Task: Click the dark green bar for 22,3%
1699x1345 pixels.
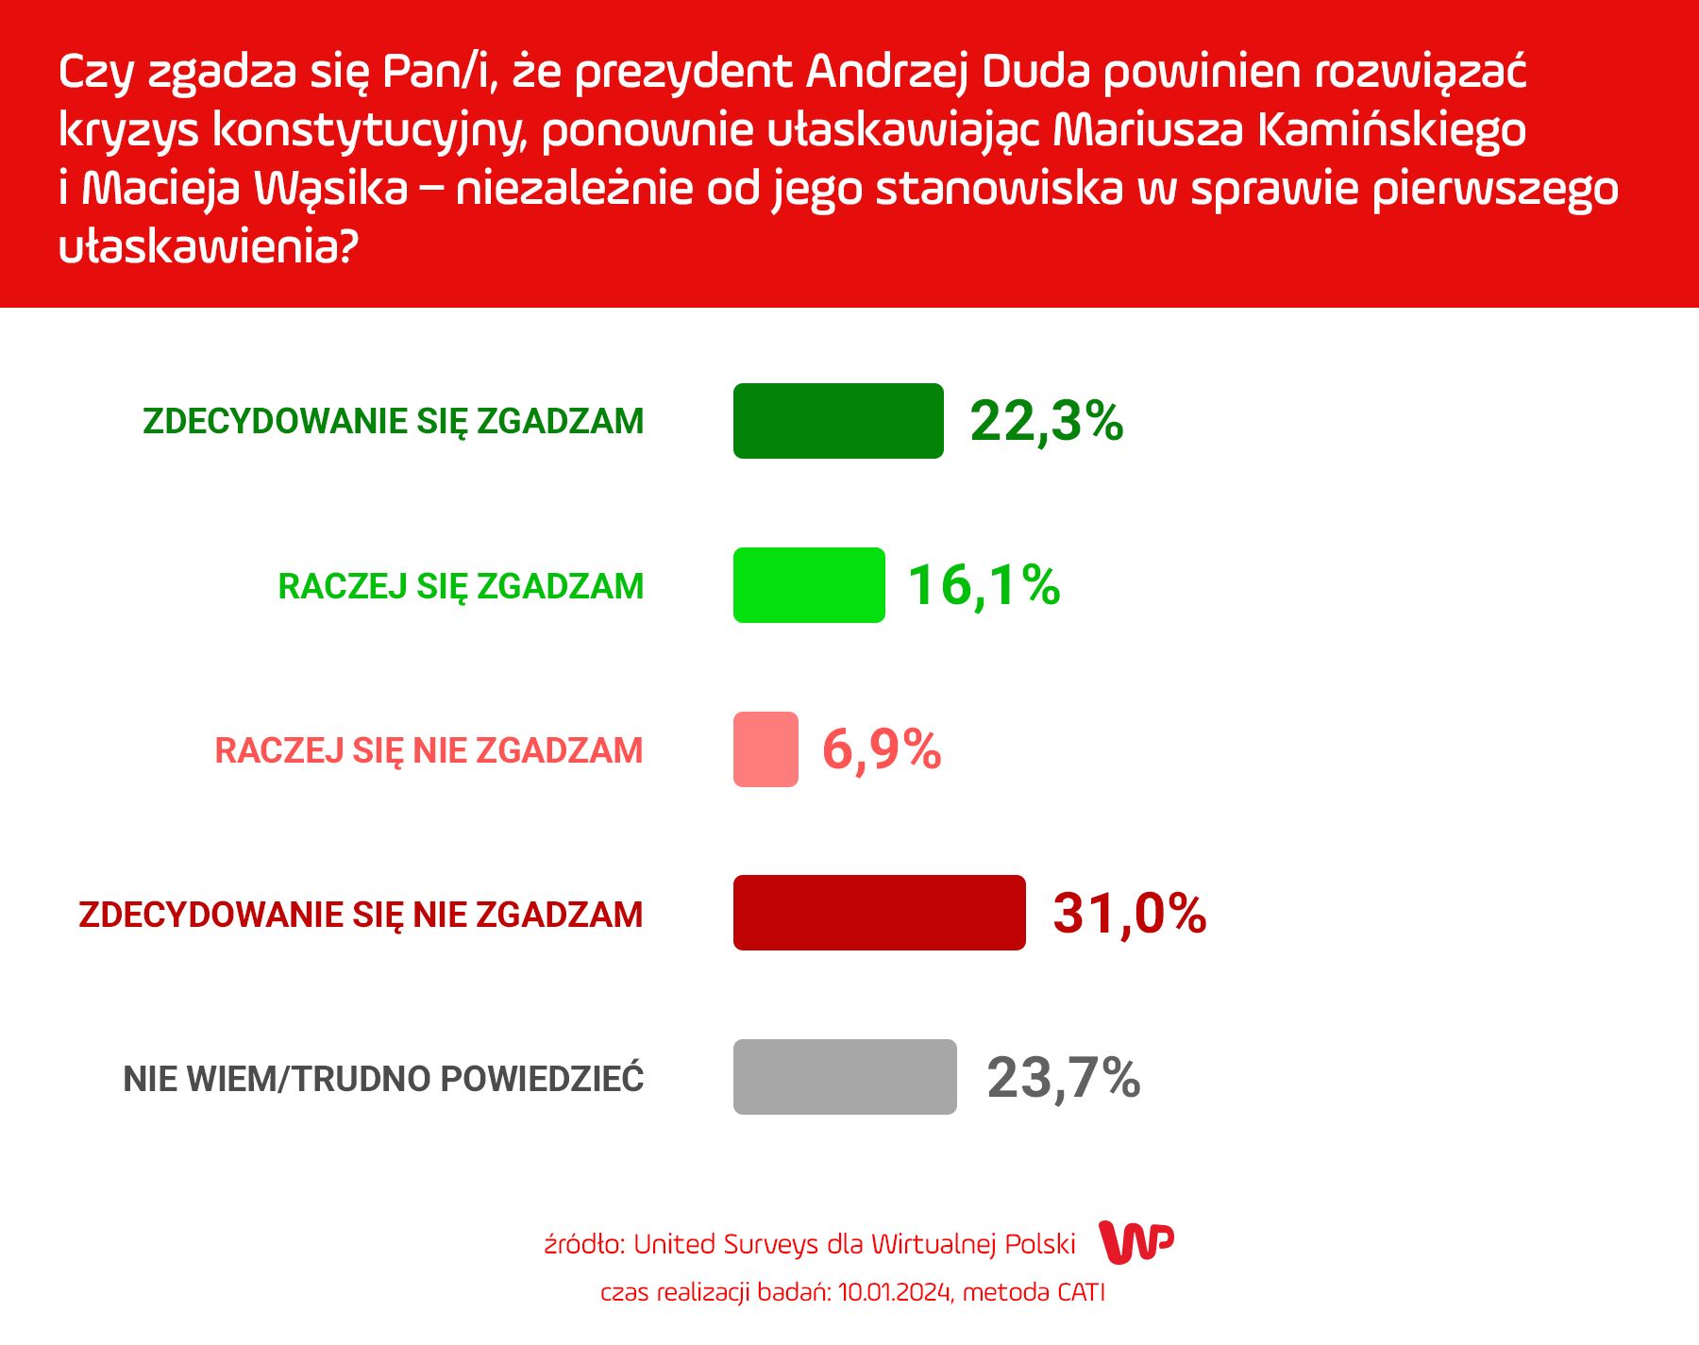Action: tap(838, 421)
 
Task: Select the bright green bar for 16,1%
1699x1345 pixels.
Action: tap(809, 585)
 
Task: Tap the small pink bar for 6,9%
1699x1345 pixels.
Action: tap(765, 749)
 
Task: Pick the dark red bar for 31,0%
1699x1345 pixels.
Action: tap(879, 913)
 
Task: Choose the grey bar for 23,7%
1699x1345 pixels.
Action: tap(845, 1077)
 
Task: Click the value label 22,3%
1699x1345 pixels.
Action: tap(1047, 421)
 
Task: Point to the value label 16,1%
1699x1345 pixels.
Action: tap(984, 585)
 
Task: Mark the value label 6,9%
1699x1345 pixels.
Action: tap(882, 750)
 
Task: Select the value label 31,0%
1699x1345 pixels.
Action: tap(1129, 914)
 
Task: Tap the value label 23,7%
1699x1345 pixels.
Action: tap(1064, 1078)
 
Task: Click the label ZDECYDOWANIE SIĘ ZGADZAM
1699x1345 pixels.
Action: tap(394, 422)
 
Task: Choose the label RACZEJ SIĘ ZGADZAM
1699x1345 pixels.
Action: tap(461, 586)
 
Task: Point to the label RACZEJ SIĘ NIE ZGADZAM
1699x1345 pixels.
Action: tap(429, 750)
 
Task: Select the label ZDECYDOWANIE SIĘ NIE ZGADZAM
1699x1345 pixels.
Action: tap(361, 915)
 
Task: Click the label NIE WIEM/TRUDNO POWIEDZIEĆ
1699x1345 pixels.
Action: tap(383, 1079)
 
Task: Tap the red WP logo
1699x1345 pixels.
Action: tap(1136, 1242)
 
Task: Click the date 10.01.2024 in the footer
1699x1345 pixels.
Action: tap(894, 1292)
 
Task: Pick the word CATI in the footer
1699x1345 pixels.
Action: tap(1080, 1292)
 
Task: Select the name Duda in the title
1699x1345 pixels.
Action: tap(1035, 72)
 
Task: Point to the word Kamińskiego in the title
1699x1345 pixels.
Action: tap(1391, 130)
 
